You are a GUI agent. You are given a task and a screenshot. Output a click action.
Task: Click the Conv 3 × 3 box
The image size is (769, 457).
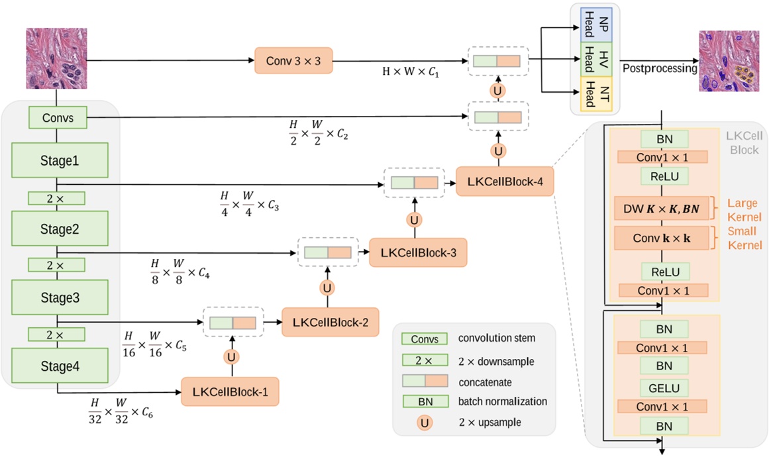click(293, 61)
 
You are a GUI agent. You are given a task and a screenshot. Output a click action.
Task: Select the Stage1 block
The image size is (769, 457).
click(59, 160)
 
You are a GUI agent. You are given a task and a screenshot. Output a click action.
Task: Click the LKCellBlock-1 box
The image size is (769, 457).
click(231, 391)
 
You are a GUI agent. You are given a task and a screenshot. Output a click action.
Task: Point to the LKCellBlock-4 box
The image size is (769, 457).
click(505, 181)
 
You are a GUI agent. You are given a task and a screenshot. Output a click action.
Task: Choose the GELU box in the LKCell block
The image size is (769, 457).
click(662, 387)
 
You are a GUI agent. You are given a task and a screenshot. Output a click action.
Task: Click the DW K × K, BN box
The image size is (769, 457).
click(662, 209)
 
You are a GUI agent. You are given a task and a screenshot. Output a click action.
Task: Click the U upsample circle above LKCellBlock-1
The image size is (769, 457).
click(231, 357)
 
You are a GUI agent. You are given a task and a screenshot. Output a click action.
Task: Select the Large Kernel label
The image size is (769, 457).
click(744, 209)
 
